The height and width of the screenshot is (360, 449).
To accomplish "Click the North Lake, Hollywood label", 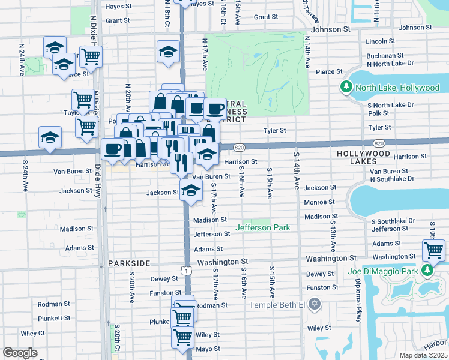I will pyautogui.click(x=397, y=88).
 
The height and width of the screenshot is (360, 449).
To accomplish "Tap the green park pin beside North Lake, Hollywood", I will pyautogui.click(x=346, y=88).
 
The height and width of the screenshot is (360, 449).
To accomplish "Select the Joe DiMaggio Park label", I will pyautogui.click(x=391, y=270).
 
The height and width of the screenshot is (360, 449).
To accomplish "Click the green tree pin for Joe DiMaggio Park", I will pyautogui.click(x=427, y=270).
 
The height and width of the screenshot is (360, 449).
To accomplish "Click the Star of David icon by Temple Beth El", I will pyautogui.click(x=313, y=305).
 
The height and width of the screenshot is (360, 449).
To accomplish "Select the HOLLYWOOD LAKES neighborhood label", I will pyautogui.click(x=364, y=153).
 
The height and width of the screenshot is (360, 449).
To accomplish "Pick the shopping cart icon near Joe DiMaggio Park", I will pyautogui.click(x=433, y=249).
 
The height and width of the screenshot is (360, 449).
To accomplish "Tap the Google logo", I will pyautogui.click(x=20, y=353).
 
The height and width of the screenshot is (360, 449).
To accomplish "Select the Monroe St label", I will pyautogui.click(x=319, y=203).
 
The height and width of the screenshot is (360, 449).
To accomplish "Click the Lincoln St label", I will pyautogui.click(x=379, y=41).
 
